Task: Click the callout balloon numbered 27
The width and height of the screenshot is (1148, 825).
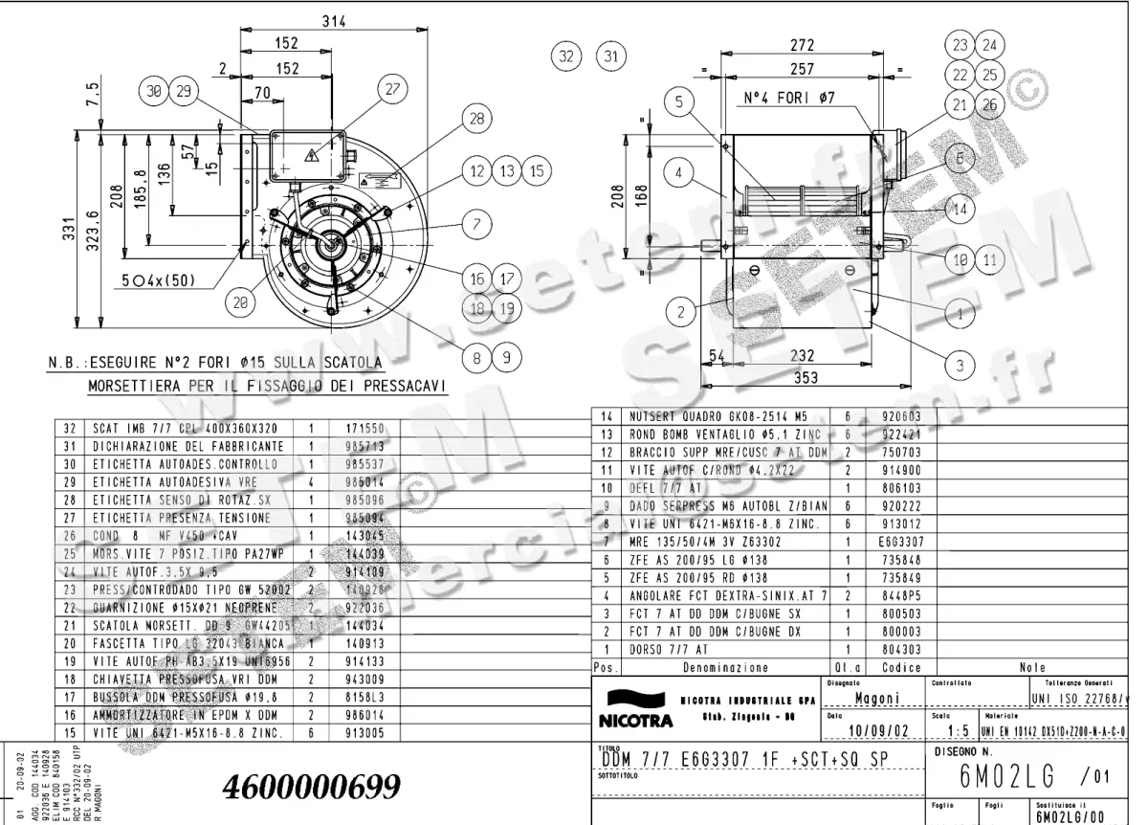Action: tap(391, 89)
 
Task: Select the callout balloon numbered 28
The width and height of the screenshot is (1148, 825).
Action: tap(475, 119)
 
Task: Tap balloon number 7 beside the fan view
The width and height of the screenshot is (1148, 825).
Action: tap(474, 225)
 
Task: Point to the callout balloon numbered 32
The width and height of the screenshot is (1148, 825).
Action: tap(568, 56)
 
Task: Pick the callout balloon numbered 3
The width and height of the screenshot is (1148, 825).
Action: tap(960, 364)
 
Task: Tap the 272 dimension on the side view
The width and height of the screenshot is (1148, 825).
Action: tap(802, 45)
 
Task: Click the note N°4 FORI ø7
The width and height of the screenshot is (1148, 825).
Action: tap(788, 98)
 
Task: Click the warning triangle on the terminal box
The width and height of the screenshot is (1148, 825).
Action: tap(311, 154)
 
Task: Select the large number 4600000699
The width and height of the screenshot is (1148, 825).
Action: tap(311, 786)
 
